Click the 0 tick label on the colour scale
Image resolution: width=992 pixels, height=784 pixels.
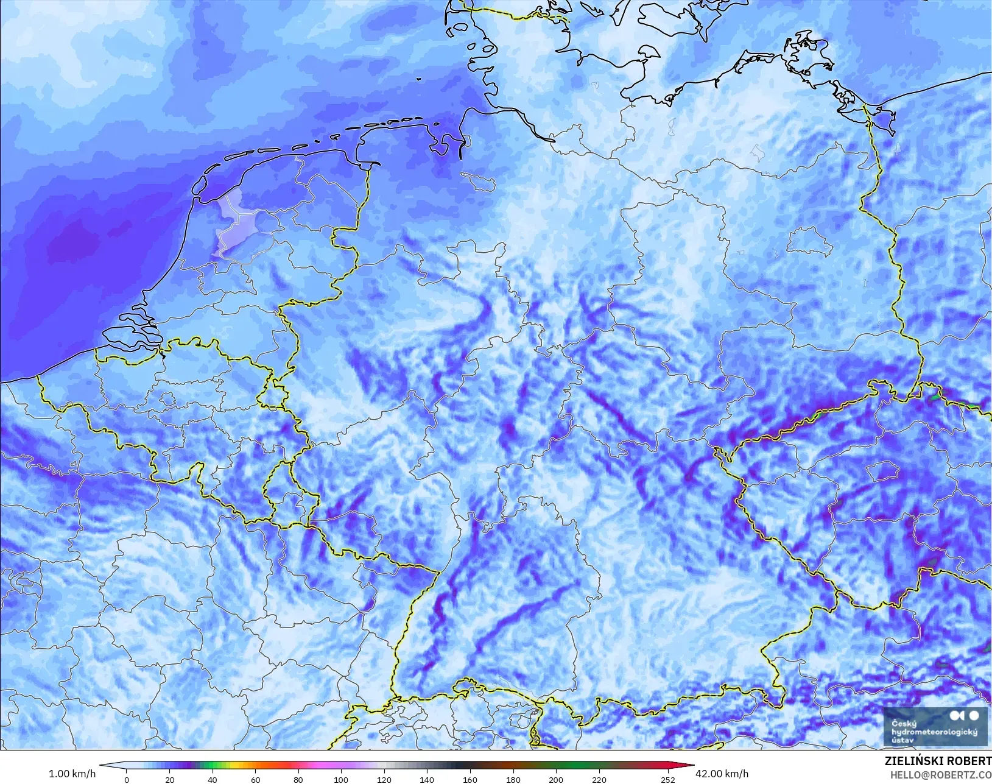coord(127,779)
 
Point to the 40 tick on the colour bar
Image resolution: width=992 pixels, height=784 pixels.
coord(213,779)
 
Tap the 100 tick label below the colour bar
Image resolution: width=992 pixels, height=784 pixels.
coord(341,779)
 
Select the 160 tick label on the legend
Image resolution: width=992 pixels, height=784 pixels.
coord(470,779)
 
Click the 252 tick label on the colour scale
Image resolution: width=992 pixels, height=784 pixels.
coord(667,779)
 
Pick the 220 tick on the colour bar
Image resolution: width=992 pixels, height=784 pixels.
coord(599,779)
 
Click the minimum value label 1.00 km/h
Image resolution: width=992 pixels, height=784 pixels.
coord(72,774)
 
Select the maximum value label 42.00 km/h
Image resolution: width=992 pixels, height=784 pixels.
coord(722,774)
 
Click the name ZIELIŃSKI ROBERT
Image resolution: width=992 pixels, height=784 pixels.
coord(938,761)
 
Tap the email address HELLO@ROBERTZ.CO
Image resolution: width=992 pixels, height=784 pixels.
coord(941,775)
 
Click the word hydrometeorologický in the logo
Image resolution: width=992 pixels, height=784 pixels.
coord(934,732)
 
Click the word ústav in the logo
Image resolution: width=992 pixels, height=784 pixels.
coord(902,740)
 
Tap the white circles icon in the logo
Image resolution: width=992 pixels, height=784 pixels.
coord(965,716)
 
